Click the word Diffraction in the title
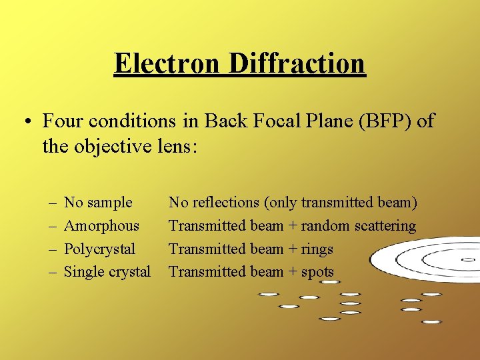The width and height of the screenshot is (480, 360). (x=297, y=63)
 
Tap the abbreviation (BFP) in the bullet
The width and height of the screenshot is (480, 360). (x=391, y=121)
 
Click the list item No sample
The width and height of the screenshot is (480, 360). (x=98, y=202)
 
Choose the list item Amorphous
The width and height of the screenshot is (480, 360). (x=101, y=225)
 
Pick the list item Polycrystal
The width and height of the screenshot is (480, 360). (x=99, y=249)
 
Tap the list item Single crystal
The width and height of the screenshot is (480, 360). (x=107, y=272)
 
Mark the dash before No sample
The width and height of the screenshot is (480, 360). (x=51, y=203)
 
